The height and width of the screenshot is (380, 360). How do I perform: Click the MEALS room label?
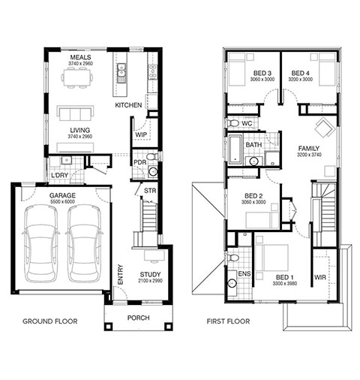click(80, 57)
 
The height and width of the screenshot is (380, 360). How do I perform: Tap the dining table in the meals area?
click(76, 77)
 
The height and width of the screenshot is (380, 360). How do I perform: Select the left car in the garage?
click(41, 243)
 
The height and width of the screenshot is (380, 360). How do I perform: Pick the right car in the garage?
click(84, 243)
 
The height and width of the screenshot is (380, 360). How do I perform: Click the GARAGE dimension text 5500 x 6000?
click(62, 202)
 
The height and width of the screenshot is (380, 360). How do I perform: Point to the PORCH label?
click(139, 318)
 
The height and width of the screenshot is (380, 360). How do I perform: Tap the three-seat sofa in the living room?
click(75, 113)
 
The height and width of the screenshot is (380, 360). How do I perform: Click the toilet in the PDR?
click(152, 157)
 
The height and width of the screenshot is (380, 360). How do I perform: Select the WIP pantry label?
click(141, 134)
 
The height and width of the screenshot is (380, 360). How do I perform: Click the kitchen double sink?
click(121, 73)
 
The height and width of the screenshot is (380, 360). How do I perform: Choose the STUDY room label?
click(150, 274)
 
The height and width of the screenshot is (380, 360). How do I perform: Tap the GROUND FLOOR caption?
click(50, 321)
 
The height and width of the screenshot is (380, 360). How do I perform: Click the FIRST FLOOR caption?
click(228, 321)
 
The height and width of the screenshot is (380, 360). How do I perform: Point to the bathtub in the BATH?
click(235, 150)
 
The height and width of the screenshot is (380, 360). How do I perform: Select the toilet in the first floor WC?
click(232, 123)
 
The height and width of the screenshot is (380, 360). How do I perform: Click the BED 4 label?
click(300, 74)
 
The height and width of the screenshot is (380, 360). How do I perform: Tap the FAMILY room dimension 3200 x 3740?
click(309, 155)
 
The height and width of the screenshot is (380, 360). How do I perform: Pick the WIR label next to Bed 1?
click(320, 277)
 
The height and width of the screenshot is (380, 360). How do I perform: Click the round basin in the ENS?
click(232, 283)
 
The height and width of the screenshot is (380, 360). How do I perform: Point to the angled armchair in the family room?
click(325, 127)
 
